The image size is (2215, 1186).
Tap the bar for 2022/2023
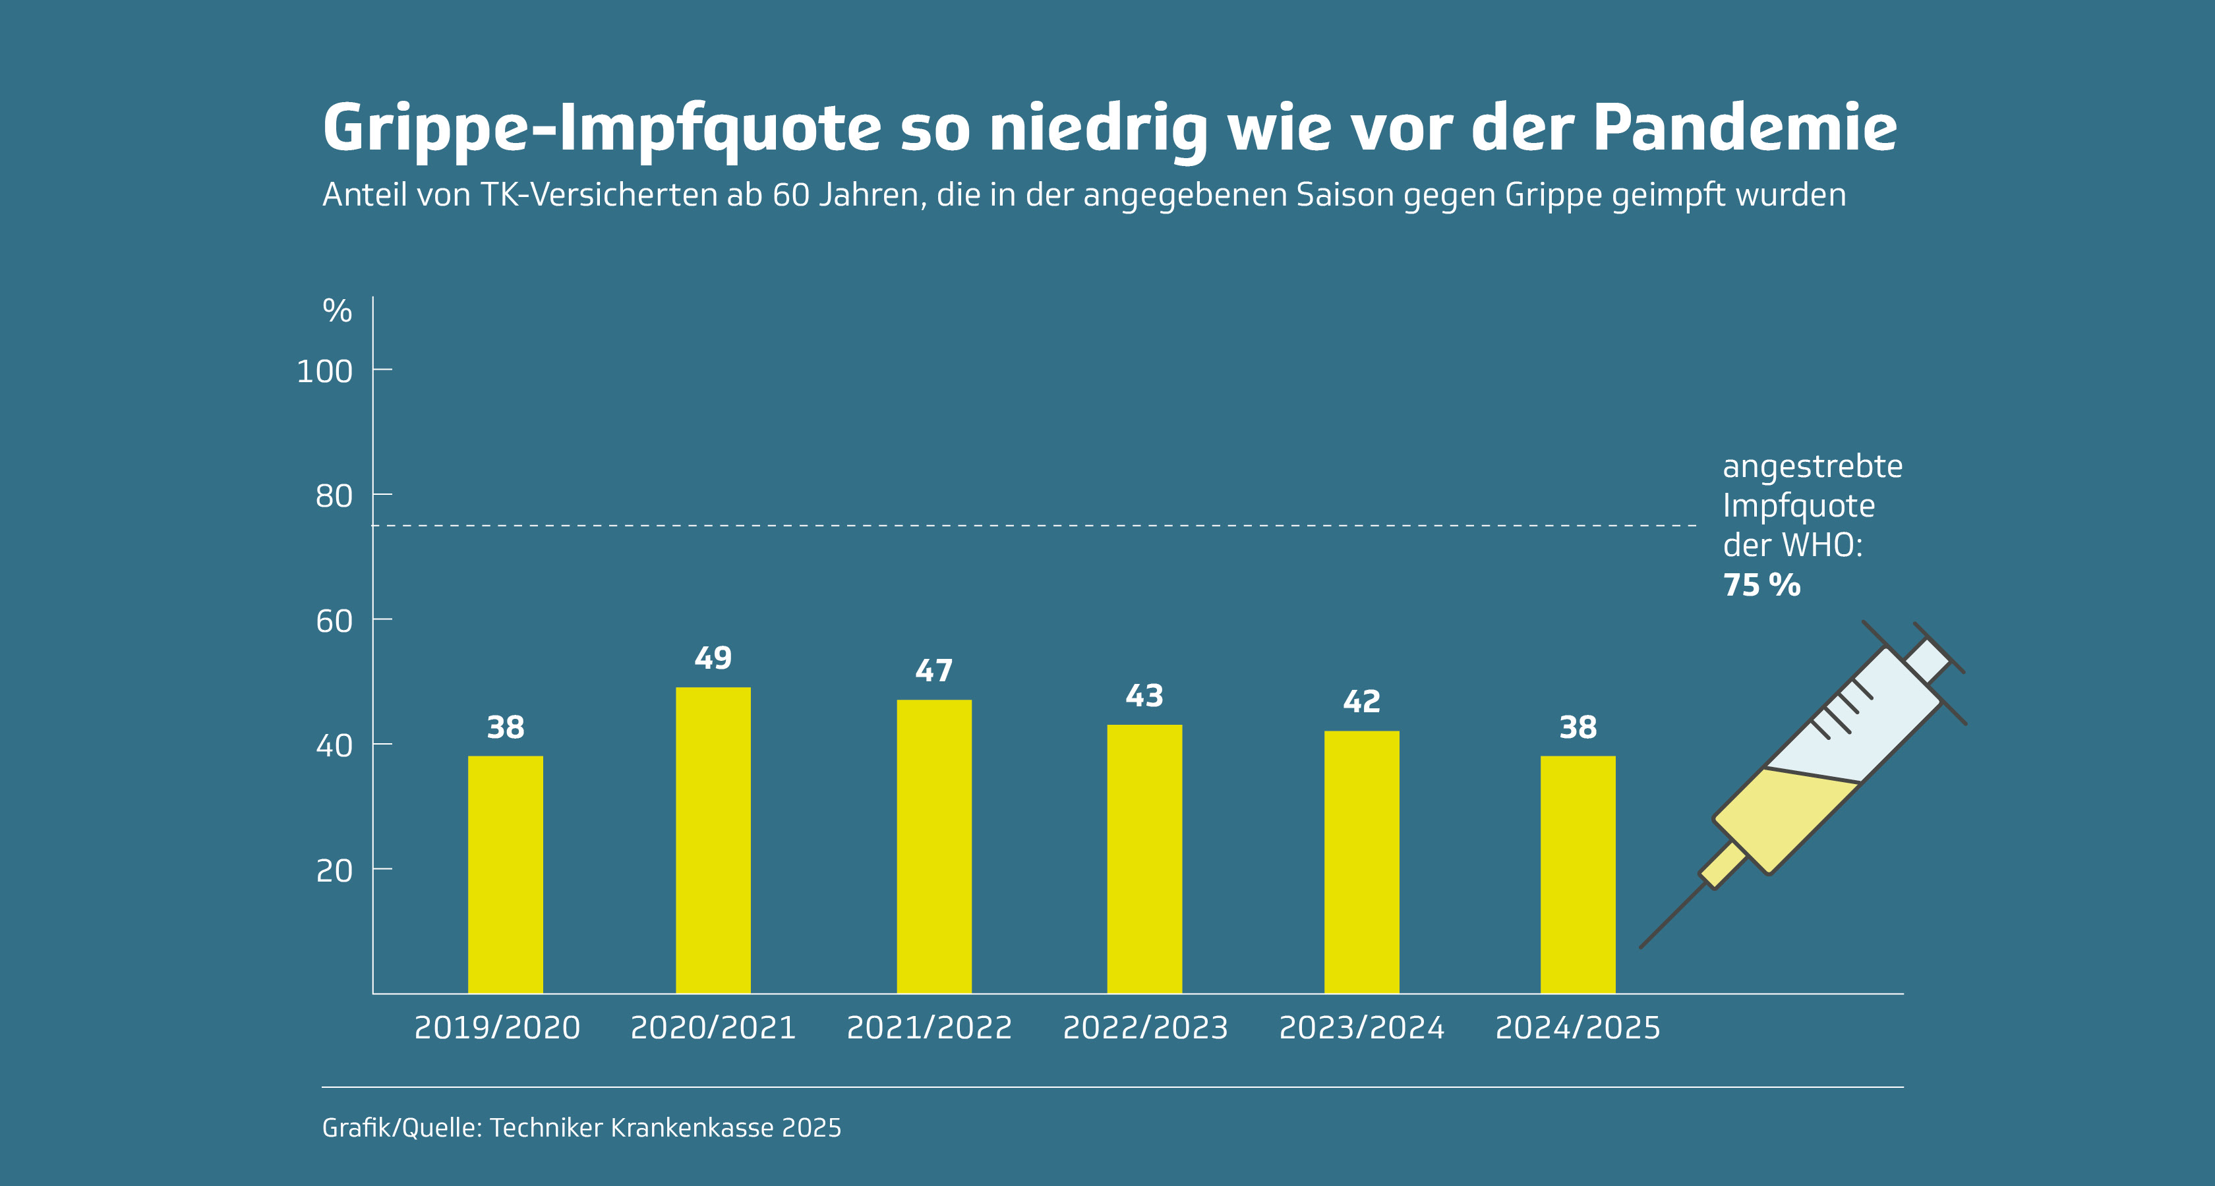coord(1144,859)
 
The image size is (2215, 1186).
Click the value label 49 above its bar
coord(713,658)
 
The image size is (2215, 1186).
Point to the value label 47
coord(934,670)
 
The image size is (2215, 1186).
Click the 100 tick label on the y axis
coord(324,371)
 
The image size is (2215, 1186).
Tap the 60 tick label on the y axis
coord(334,621)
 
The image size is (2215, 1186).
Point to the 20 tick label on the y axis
coord(334,870)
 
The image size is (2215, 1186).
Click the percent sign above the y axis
coord(337,310)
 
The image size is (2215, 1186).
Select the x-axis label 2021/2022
coord(930,1028)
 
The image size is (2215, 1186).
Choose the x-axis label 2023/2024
coord(1361,1028)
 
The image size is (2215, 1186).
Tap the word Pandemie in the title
coord(1745,128)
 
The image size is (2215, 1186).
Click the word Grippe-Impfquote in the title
coord(602,128)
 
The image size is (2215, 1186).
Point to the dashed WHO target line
coord(1032,525)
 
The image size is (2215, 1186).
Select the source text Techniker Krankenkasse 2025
coord(664,1127)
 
